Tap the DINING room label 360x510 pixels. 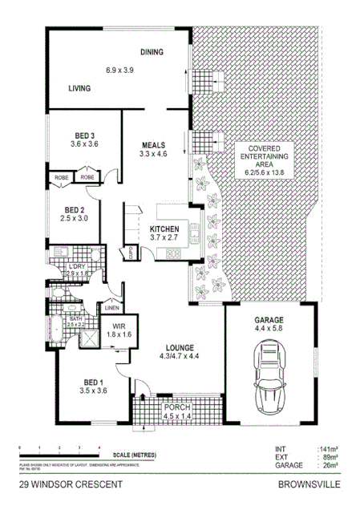click(x=152, y=53)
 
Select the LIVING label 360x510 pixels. click(x=79, y=88)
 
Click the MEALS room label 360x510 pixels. click(x=152, y=144)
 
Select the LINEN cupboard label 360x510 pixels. click(x=111, y=309)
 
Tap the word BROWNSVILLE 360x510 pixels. click(x=308, y=485)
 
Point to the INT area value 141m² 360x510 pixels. click(x=328, y=450)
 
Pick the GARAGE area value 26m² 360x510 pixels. click(x=328, y=465)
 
